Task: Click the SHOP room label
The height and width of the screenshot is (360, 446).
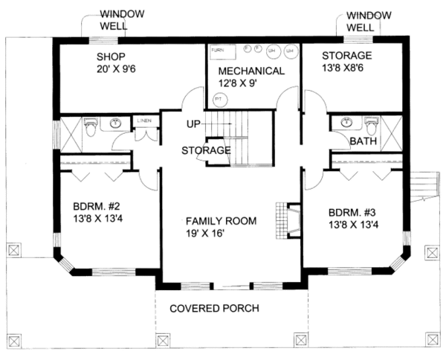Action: tap(111, 57)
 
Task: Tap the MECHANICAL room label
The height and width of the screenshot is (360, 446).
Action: tap(251, 71)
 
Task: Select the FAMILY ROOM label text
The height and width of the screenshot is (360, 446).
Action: tap(221, 221)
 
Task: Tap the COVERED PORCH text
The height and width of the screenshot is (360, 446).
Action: tap(214, 309)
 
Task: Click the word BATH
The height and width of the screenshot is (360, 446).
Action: tap(363, 141)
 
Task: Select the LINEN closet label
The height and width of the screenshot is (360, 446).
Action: tap(143, 118)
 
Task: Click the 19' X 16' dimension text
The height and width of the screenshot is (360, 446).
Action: tap(221, 234)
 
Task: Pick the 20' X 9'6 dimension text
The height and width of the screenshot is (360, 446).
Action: tap(111, 69)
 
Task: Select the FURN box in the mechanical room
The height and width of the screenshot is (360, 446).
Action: tap(217, 51)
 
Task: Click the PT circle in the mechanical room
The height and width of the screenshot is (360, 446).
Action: tap(219, 98)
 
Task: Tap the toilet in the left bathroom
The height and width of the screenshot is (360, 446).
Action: tap(90, 126)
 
